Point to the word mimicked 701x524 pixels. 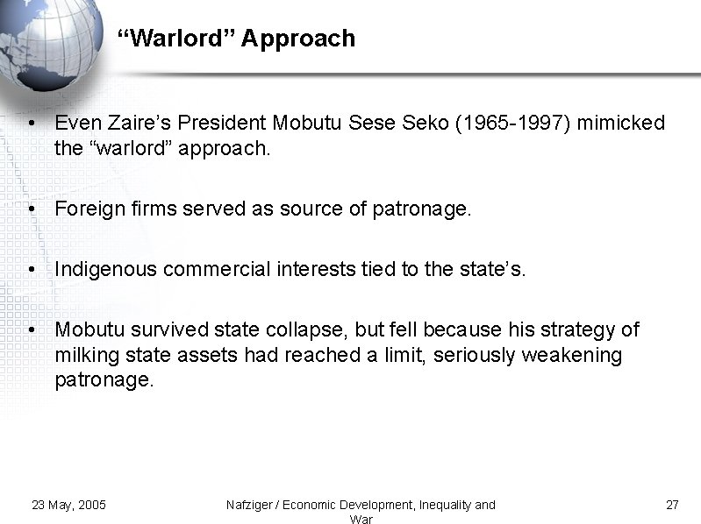pyautogui.click(x=621, y=124)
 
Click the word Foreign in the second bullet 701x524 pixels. pyautogui.click(x=86, y=209)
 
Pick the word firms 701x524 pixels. pyautogui.click(x=142, y=209)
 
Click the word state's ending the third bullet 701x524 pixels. pyautogui.click(x=496, y=270)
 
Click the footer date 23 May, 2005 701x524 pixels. pyautogui.click(x=68, y=505)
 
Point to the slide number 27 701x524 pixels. pyautogui.click(x=673, y=505)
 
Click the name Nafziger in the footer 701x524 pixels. pyautogui.click(x=251, y=505)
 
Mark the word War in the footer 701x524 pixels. pyautogui.click(x=361, y=519)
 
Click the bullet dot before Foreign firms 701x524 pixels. pyautogui.click(x=31, y=209)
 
